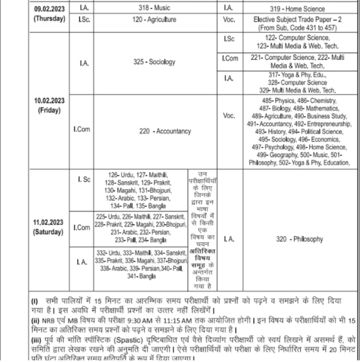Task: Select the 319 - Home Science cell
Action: click(x=300, y=9)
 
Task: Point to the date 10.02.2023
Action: click(x=49, y=101)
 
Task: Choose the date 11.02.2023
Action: click(x=48, y=222)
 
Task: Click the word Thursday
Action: click(x=49, y=19)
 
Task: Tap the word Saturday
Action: click(x=48, y=232)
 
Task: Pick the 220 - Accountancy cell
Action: click(x=165, y=131)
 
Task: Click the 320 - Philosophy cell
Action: click(x=299, y=239)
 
